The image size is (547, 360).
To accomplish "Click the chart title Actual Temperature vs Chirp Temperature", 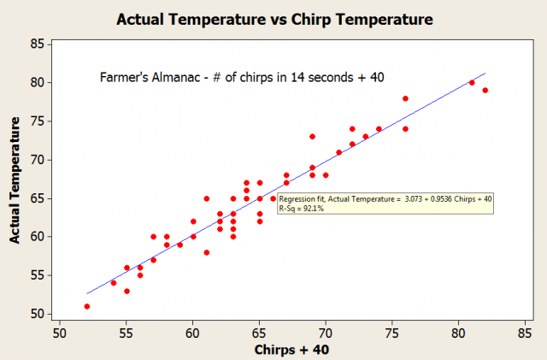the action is pyautogui.click(x=274, y=19).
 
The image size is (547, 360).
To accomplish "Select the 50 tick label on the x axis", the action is pyautogui.click(x=60, y=333).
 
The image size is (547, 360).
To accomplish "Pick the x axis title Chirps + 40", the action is pyautogui.click(x=291, y=350).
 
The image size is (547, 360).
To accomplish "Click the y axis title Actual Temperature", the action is pyautogui.click(x=15, y=180).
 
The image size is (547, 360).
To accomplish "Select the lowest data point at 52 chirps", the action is pyautogui.click(x=87, y=306).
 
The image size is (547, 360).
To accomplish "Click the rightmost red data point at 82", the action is pyautogui.click(x=485, y=90).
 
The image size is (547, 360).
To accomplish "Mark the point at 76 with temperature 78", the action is pyautogui.click(x=405, y=98).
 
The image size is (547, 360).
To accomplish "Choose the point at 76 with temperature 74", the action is pyautogui.click(x=405, y=129).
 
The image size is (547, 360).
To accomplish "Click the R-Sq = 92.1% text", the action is pyautogui.click(x=302, y=209).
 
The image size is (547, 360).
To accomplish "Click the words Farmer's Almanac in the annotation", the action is pyautogui.click(x=150, y=77).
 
